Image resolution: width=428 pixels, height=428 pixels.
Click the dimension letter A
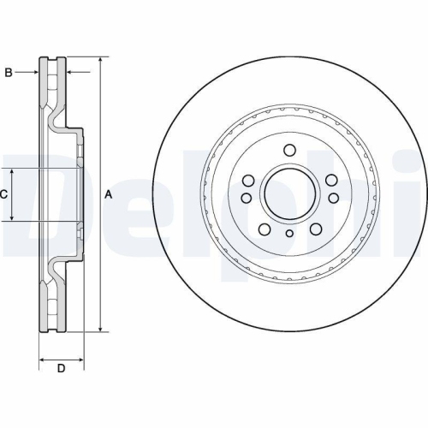[109, 195]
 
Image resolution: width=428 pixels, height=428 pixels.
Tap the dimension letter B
[9, 72]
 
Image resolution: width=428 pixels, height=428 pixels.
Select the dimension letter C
[4, 195]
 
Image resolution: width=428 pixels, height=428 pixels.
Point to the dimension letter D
[61, 369]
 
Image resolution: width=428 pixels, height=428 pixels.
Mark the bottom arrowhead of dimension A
[102, 328]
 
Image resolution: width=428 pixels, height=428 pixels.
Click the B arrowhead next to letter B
[35, 72]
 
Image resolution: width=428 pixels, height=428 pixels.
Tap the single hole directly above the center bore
[289, 151]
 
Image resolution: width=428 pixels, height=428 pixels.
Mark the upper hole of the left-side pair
[247, 181]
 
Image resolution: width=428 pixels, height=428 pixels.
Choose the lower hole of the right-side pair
[330, 198]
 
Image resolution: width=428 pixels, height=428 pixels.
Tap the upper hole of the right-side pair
[330, 181]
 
